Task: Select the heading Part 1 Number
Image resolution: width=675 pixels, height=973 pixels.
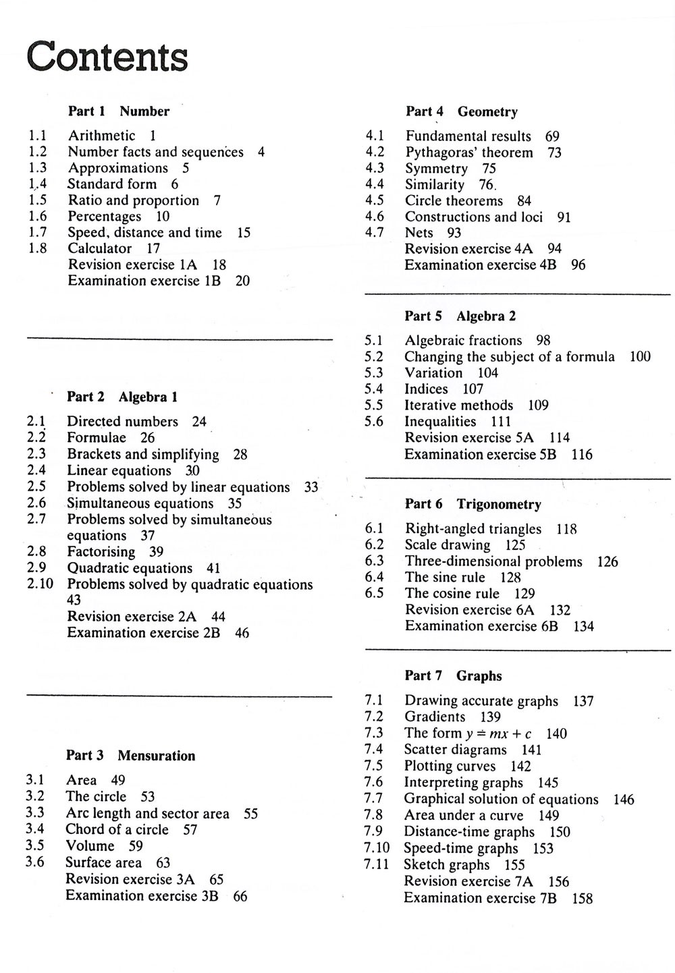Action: click(119, 111)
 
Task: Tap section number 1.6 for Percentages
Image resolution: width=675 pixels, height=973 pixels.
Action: click(38, 217)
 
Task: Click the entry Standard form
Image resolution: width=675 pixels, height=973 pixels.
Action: click(112, 184)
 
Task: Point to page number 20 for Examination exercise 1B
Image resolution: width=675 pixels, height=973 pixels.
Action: click(242, 281)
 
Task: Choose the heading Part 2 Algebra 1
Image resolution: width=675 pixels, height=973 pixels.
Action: click(122, 397)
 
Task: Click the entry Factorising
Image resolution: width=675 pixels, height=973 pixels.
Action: click(101, 552)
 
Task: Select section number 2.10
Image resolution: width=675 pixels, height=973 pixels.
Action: click(40, 584)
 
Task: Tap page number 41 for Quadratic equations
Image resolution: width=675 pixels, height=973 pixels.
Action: click(213, 569)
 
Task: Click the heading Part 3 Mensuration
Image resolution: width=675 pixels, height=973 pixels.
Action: click(130, 756)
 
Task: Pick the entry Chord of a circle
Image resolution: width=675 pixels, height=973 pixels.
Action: click(117, 830)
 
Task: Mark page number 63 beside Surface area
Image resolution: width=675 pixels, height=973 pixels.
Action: click(163, 863)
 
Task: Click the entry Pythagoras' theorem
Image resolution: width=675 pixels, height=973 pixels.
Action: click(469, 153)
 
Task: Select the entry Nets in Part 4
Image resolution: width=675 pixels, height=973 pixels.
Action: click(418, 233)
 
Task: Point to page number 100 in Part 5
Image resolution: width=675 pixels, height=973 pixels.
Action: click(640, 357)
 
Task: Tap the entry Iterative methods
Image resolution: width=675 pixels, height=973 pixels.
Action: click(458, 406)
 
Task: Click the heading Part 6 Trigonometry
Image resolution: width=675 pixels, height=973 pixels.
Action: click(473, 505)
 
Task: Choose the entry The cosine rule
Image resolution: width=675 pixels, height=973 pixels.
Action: click(452, 594)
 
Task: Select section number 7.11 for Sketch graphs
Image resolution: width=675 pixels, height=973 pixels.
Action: click(377, 865)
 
